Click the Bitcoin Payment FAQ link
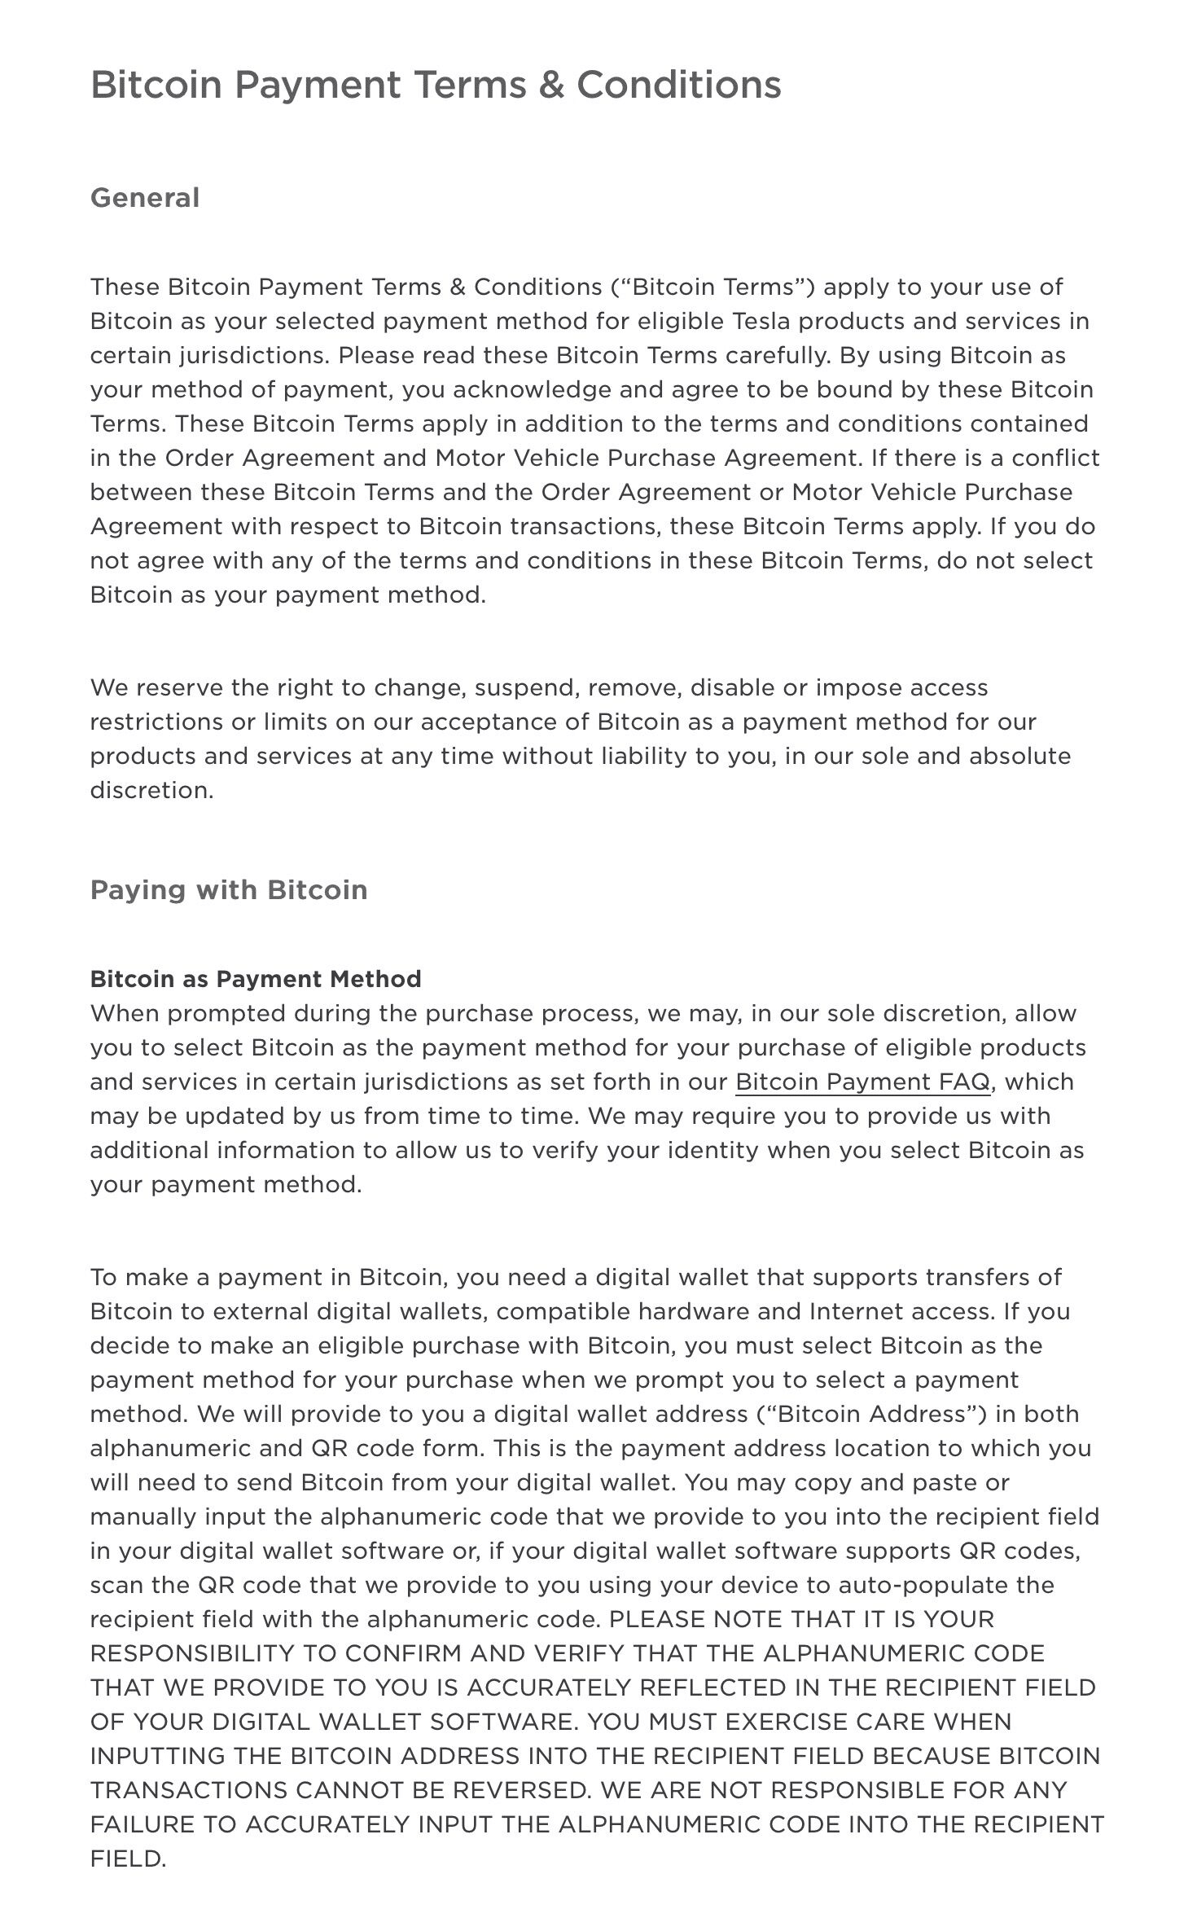[862, 1082]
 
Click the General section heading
[145, 198]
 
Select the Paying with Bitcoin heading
[229, 889]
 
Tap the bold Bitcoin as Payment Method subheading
[256, 979]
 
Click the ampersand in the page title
[550, 85]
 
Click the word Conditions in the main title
[679, 85]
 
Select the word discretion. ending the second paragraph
[151, 790]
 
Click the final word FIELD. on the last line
[128, 1859]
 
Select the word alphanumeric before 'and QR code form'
[170, 1448]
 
